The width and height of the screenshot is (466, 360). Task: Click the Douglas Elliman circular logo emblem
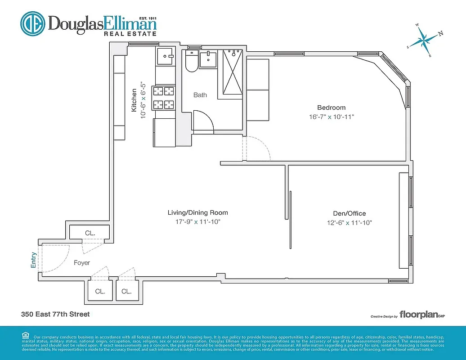[32, 23]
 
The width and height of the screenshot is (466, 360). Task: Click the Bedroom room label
[331, 108]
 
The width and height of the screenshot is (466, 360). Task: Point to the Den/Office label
[346, 213]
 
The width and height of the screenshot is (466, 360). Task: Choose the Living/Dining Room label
[197, 212]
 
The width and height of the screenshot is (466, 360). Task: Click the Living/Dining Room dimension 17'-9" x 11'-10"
[197, 222]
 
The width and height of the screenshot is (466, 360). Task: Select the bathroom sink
[208, 59]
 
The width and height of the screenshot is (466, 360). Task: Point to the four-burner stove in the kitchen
[164, 98]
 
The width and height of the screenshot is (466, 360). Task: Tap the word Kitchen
[134, 100]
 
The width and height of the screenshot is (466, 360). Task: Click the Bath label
[200, 95]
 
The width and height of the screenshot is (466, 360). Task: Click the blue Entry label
[33, 260]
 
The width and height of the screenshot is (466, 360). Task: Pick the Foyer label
[82, 263]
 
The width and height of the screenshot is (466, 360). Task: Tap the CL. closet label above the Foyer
[90, 233]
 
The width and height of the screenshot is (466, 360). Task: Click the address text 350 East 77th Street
[55, 314]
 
